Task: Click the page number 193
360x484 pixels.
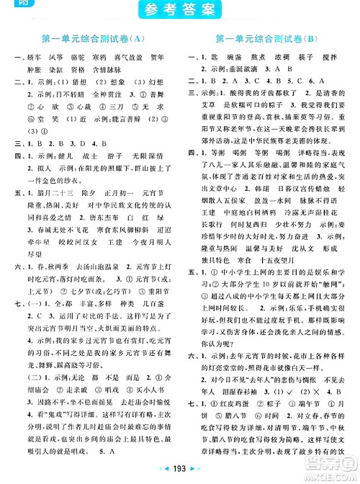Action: [180, 476]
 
